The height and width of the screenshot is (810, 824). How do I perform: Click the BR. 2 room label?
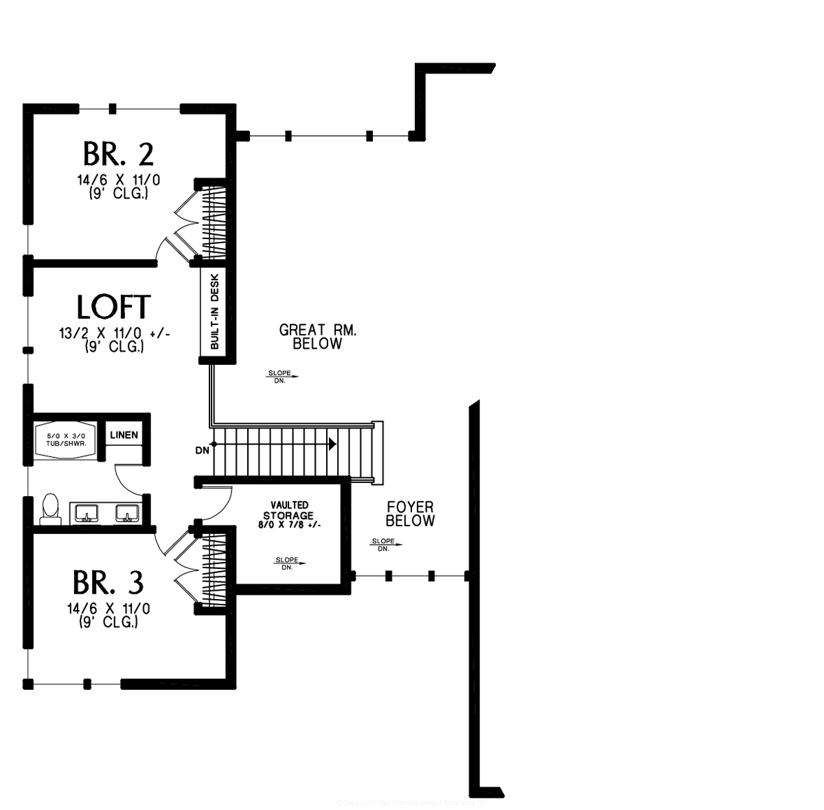pyautogui.click(x=117, y=155)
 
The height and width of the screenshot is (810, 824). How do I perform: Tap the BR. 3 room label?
pyautogui.click(x=108, y=583)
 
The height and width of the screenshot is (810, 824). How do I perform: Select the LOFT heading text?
pyautogui.click(x=113, y=307)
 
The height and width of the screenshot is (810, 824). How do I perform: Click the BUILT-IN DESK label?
pyautogui.click(x=214, y=313)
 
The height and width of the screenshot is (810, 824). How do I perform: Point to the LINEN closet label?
pyautogui.click(x=124, y=435)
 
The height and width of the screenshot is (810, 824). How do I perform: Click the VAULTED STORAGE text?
pyautogui.click(x=288, y=510)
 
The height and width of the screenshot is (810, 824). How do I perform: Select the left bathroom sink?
pyautogui.click(x=87, y=513)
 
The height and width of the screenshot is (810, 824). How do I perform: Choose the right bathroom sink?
pyautogui.click(x=128, y=513)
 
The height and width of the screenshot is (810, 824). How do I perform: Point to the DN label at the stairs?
pyautogui.click(x=202, y=450)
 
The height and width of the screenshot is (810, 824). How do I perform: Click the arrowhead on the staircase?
pyautogui.click(x=332, y=444)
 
